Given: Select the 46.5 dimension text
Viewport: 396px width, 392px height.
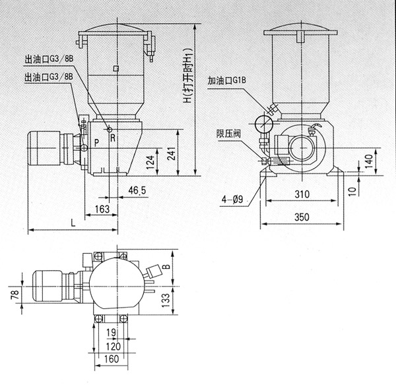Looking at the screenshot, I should pyautogui.click(x=137, y=190).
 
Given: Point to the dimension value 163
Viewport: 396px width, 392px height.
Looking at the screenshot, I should pyautogui.click(x=102, y=209).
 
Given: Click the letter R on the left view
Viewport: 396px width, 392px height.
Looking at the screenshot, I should pyautogui.click(x=113, y=138).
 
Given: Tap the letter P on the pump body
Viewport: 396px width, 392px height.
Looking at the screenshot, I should pyautogui.click(x=96, y=142).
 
